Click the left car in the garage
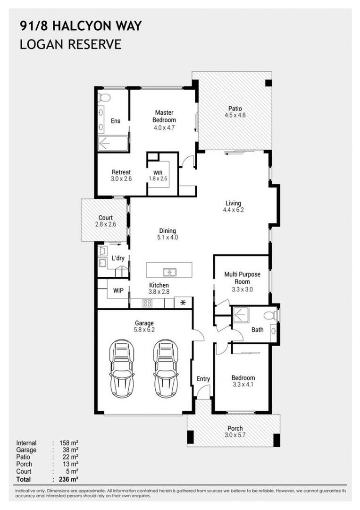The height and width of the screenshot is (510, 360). (122, 368)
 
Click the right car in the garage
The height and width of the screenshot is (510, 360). (166, 368)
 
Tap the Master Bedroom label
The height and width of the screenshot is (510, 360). (164, 116)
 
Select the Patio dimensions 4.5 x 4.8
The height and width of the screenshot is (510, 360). (235, 115)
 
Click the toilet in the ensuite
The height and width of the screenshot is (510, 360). (104, 98)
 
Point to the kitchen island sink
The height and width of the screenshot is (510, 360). (169, 272)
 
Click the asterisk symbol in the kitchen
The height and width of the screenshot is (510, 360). (183, 302)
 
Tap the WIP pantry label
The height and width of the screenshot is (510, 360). (118, 290)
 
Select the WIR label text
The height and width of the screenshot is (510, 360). (158, 172)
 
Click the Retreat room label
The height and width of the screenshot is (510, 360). (121, 172)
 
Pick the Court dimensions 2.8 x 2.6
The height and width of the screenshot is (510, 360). (105, 225)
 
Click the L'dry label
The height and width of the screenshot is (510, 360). (118, 258)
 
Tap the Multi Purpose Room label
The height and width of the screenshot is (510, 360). (243, 278)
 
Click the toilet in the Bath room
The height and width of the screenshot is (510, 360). (271, 315)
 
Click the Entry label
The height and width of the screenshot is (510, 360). (203, 379)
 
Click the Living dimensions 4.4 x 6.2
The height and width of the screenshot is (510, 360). (233, 211)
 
